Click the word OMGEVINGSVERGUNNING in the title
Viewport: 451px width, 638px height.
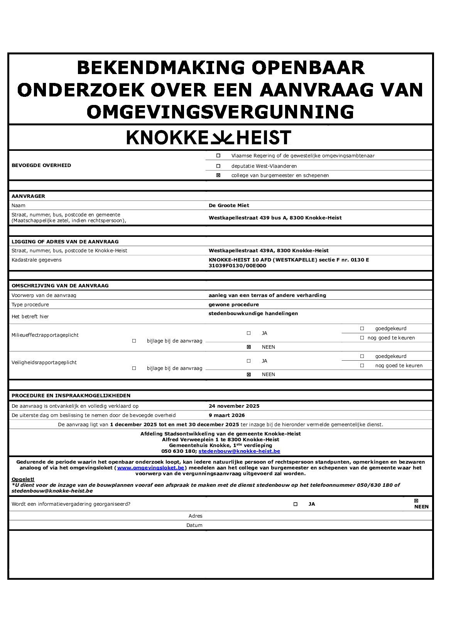coord(220,112)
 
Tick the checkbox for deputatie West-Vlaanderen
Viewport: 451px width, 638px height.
coord(218,166)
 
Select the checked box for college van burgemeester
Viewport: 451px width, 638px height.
coord(218,176)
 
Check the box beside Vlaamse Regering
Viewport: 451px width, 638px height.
coord(218,156)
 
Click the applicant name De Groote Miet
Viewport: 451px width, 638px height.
coord(229,206)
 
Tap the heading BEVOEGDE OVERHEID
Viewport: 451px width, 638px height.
coord(41,165)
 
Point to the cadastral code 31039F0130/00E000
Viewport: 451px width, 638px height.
coord(237,266)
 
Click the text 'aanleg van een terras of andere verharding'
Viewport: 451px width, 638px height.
coord(267,295)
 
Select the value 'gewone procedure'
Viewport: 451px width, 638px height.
coord(233,305)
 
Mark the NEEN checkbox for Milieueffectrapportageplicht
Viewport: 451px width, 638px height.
coord(249,347)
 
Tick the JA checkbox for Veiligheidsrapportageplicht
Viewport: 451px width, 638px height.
coord(249,361)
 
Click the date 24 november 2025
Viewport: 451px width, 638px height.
coord(234,406)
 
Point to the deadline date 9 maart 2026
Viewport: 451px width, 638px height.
coord(226,415)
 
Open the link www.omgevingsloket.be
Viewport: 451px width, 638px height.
coord(150,468)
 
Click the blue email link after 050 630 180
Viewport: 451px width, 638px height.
coord(239,451)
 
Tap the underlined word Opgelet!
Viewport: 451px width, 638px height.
coord(23,479)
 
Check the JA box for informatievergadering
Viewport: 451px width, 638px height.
coord(296,504)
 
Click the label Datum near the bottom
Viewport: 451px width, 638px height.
coord(194,525)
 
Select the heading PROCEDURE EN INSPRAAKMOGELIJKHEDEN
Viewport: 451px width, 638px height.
coord(71,396)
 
